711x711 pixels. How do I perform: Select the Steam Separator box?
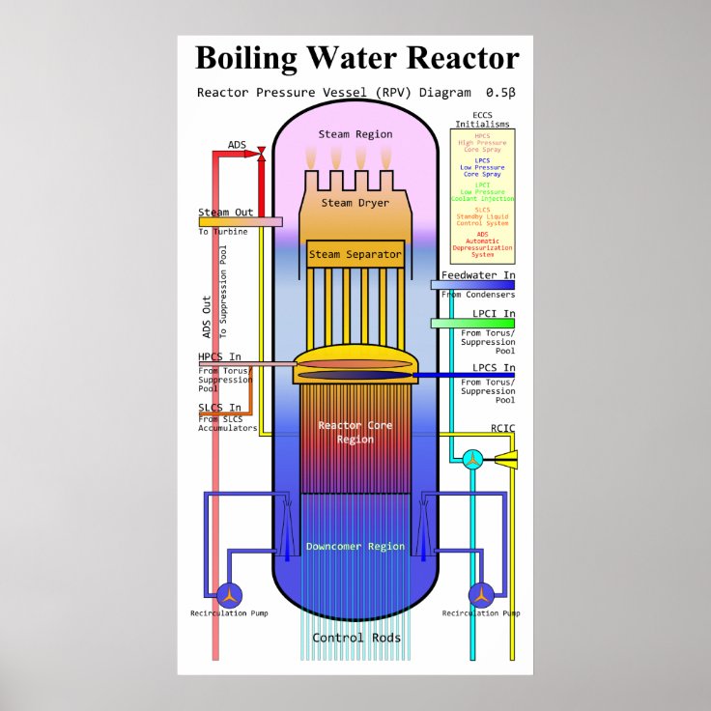(x=355, y=255)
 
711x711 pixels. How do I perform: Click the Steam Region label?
(x=354, y=134)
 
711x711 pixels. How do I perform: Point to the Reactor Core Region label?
(x=355, y=432)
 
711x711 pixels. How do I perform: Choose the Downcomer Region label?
(x=355, y=547)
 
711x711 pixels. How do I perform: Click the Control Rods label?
(x=355, y=638)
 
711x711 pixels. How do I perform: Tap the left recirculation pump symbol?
(x=229, y=593)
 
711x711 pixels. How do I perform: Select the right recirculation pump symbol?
(x=481, y=593)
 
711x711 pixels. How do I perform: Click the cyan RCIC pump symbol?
(x=473, y=460)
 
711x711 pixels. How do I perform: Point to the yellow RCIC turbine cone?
(x=505, y=460)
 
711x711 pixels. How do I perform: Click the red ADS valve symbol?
(x=262, y=153)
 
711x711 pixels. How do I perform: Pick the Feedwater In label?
(x=478, y=275)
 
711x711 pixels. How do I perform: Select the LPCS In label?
(x=494, y=368)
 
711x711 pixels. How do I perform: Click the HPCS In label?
(x=220, y=357)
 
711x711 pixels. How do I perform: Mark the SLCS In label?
(x=220, y=408)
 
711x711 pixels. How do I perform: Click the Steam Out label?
(x=226, y=213)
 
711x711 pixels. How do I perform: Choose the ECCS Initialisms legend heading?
(x=482, y=120)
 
